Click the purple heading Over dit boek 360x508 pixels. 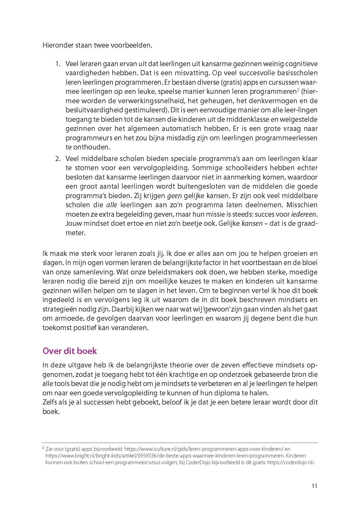[x=70, y=351]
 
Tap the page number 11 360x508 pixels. [x=314, y=486]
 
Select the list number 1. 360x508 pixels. [x=58, y=64]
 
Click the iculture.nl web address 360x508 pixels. [x=204, y=449]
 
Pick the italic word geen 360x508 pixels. [x=174, y=196]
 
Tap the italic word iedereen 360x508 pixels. [x=304, y=214]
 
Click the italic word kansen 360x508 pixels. [x=252, y=224]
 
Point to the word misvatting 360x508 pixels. [x=192, y=73]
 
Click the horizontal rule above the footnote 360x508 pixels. [x=180, y=443]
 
